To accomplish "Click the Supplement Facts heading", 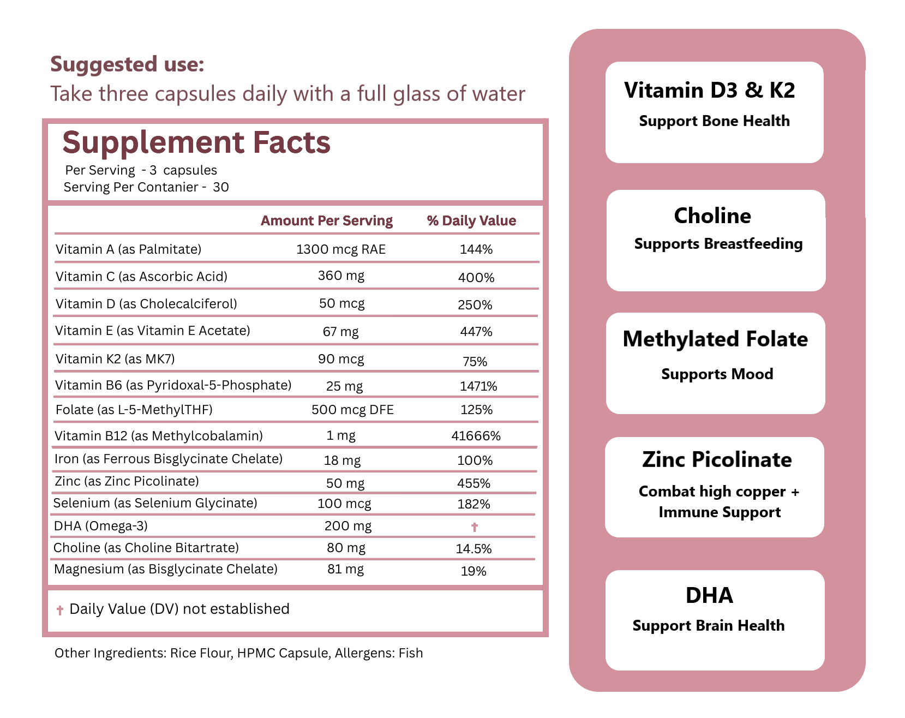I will [196, 143].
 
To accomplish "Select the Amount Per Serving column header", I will [326, 221].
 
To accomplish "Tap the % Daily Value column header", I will [471, 221].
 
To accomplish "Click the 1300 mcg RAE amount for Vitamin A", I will [340, 249].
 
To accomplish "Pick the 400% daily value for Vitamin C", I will [476, 278].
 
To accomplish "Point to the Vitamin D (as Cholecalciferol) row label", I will [146, 304].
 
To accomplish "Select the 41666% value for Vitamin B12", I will [476, 436].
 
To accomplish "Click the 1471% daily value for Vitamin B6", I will [478, 386].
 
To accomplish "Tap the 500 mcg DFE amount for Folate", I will [352, 410].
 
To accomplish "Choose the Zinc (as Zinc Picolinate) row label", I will [127, 481].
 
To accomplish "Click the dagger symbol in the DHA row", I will [475, 527].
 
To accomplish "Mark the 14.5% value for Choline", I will [474, 549].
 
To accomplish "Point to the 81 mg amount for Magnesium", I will [345, 570].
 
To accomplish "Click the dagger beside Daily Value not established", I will [60, 610].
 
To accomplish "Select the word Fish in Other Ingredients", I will [411, 653].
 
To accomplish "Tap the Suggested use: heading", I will [127, 64].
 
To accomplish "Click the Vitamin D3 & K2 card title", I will [709, 91].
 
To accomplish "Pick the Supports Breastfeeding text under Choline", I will [718, 244].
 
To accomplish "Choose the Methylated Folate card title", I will [715, 339].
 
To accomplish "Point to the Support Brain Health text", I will [708, 626].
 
